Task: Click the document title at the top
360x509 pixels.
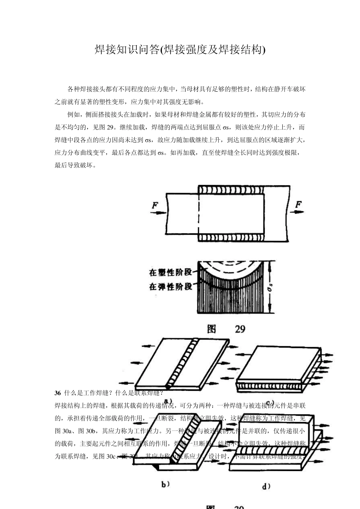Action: [180, 50]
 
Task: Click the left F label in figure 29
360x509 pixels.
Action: [155, 206]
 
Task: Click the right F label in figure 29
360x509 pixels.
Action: [299, 205]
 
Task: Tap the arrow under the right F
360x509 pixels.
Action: [297, 212]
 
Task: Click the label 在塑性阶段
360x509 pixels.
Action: [171, 272]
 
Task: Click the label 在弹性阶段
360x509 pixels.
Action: [171, 287]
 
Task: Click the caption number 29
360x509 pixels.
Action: [240, 329]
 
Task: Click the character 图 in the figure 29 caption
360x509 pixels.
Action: [211, 329]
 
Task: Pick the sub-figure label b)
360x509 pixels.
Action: [165, 484]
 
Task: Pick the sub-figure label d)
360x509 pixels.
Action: [266, 486]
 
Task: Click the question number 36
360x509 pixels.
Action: [58, 393]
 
